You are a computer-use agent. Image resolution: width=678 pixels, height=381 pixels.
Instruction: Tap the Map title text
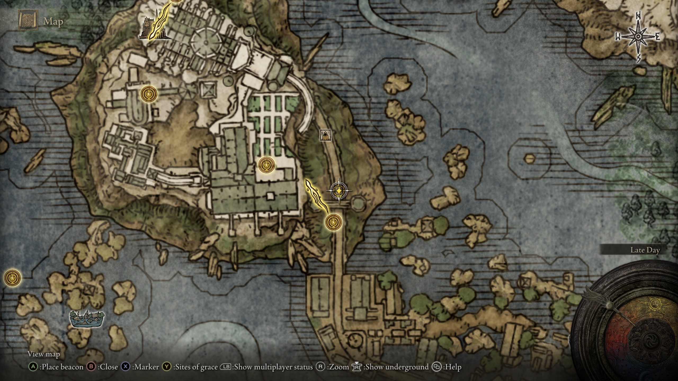(x=53, y=21)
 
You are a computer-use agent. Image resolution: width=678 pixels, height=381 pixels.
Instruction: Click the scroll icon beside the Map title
(x=28, y=20)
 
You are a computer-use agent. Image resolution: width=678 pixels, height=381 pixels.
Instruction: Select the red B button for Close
(x=91, y=367)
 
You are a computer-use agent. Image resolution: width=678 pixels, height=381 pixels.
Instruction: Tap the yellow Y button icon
(x=167, y=367)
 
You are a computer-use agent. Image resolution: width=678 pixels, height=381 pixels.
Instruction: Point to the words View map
(x=44, y=354)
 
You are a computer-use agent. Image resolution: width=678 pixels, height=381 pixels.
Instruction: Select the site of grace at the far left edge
(x=12, y=278)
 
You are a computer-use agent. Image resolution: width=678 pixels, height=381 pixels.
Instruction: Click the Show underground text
(x=396, y=367)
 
